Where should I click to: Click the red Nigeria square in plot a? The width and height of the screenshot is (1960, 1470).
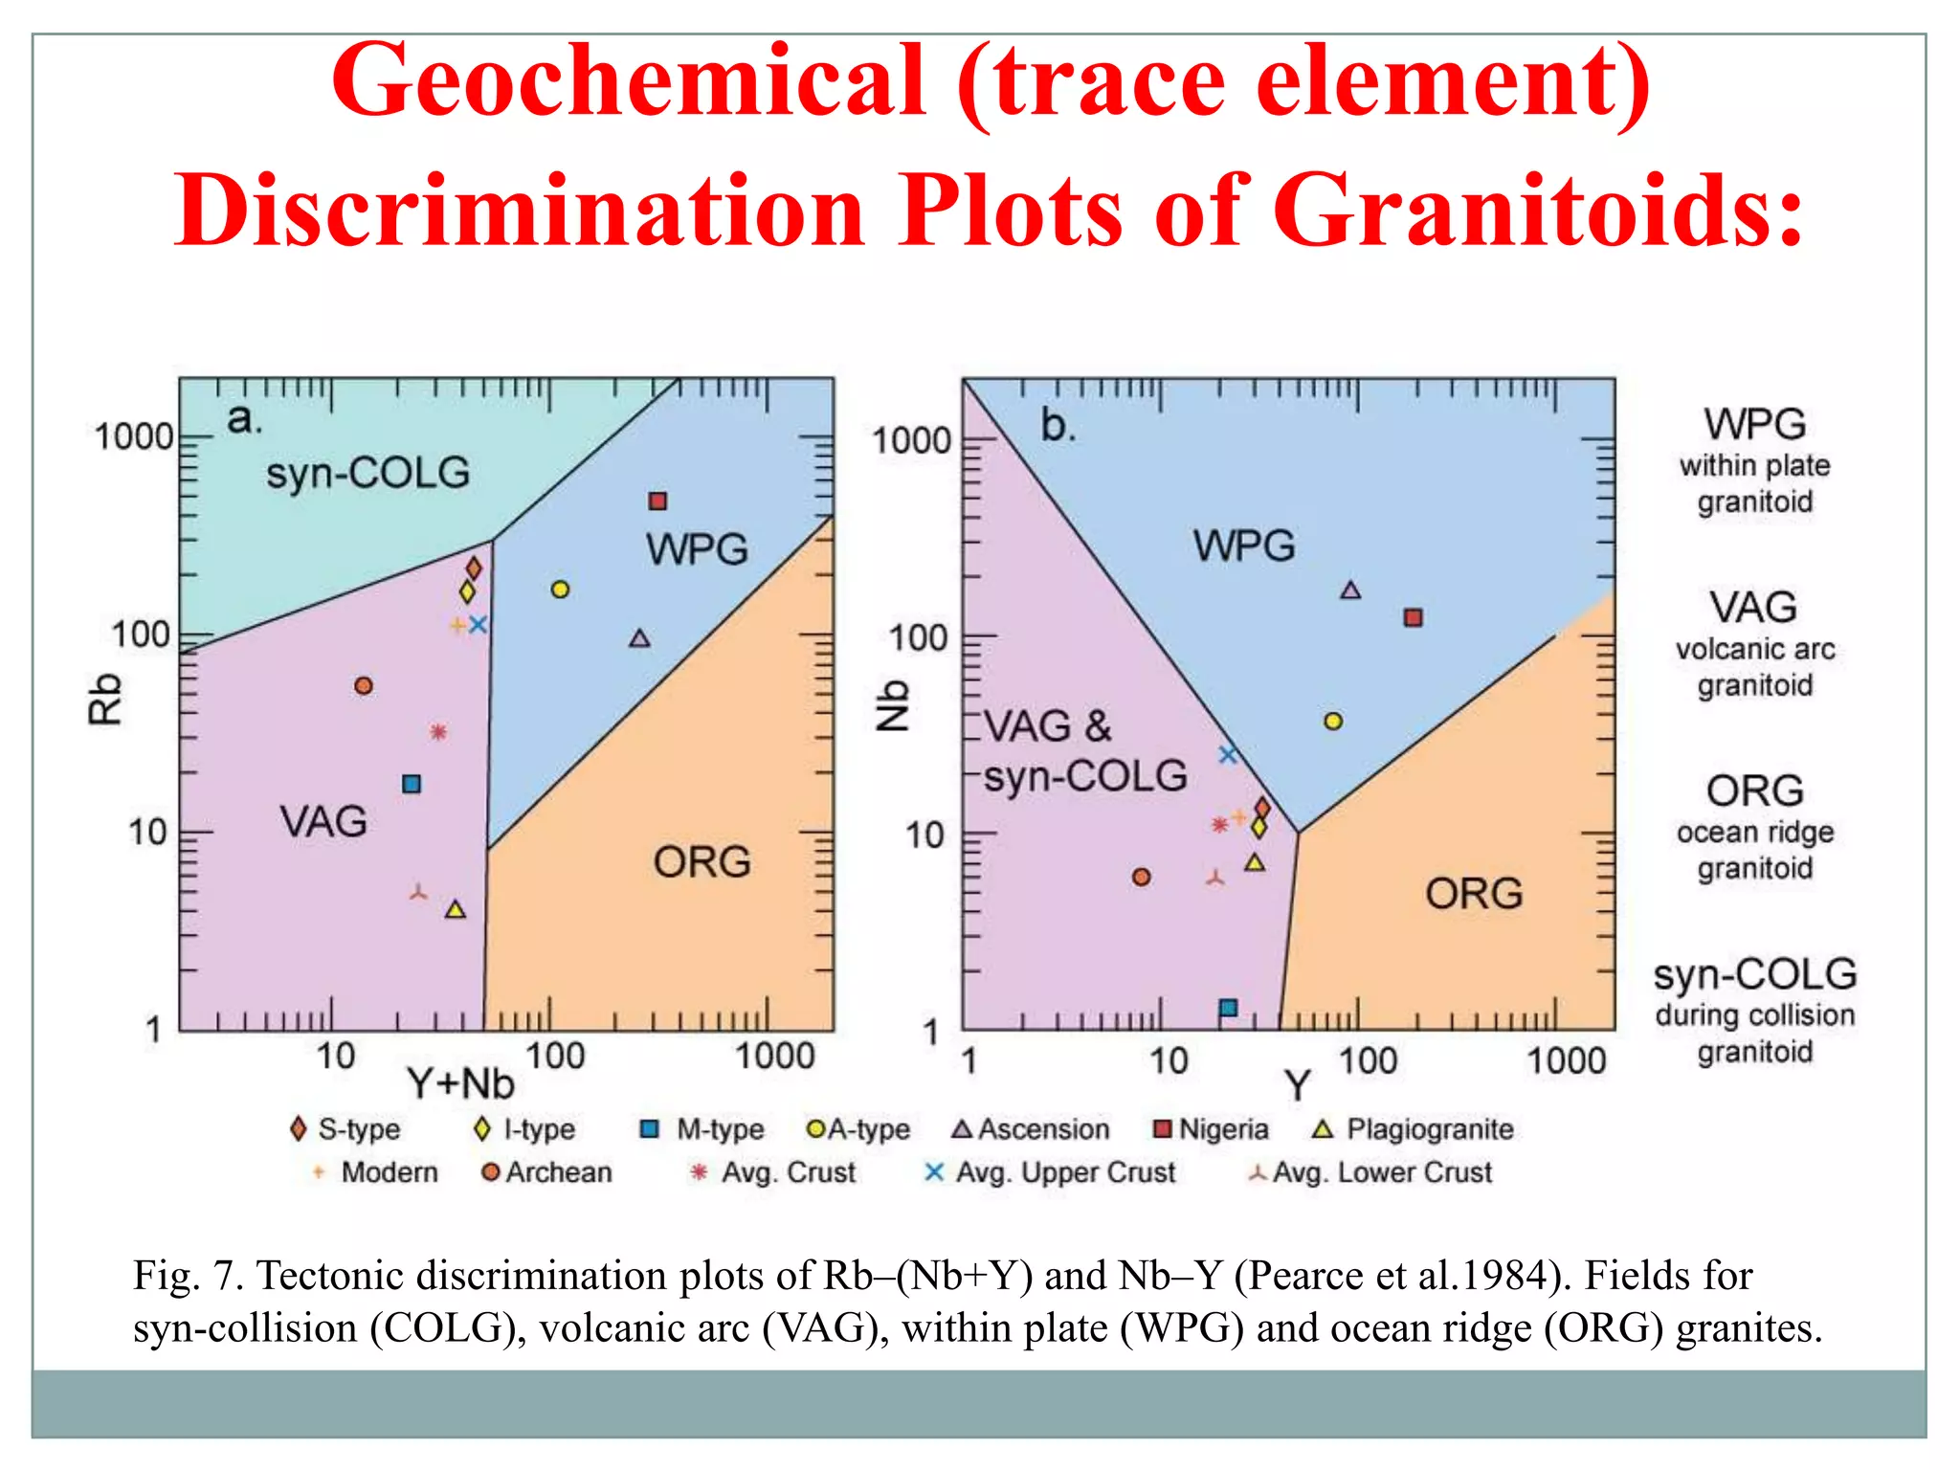[x=657, y=501]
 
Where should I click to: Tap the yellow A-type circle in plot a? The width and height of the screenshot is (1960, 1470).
[x=560, y=590]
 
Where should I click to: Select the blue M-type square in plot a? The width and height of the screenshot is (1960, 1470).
[x=412, y=785]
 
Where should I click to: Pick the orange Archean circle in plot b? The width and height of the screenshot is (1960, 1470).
[x=1141, y=877]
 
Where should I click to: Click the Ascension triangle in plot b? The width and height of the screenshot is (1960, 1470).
[x=1350, y=590]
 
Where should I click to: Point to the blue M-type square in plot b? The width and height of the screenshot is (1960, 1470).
[x=1229, y=1008]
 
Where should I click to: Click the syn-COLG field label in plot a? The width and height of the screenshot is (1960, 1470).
[x=367, y=473]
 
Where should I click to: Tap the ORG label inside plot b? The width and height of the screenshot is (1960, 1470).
[x=1474, y=894]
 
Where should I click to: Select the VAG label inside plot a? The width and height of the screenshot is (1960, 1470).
[x=323, y=822]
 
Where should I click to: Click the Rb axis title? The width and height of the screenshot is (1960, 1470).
[x=104, y=699]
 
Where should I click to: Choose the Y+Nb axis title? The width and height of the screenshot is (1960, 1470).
[x=460, y=1084]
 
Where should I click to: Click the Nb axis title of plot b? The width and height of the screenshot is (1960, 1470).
[x=892, y=706]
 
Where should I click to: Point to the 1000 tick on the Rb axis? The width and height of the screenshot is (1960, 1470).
[x=134, y=437]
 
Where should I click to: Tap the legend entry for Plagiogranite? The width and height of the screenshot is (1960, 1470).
[x=1414, y=1129]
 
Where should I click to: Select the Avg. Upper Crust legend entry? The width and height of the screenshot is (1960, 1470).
[x=1051, y=1172]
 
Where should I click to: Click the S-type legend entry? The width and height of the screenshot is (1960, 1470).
[x=345, y=1129]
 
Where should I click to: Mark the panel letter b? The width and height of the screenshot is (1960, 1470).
[x=1058, y=425]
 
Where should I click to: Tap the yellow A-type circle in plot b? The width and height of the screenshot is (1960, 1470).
[x=1333, y=721]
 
